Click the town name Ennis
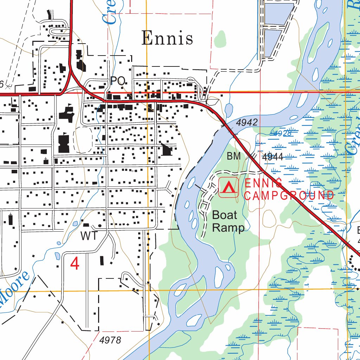(x=167, y=38)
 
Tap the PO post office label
(x=118, y=81)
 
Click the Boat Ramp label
(x=228, y=221)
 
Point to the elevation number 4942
(x=247, y=123)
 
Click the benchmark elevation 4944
(x=272, y=157)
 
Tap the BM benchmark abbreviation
(x=233, y=156)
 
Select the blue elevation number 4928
(x=282, y=133)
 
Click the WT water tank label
(x=89, y=236)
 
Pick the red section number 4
(x=75, y=264)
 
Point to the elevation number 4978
(x=110, y=340)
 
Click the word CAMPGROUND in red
(x=289, y=196)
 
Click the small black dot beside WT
(x=100, y=226)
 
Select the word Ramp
(x=228, y=227)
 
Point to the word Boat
(x=225, y=215)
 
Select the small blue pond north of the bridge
(x=229, y=110)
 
